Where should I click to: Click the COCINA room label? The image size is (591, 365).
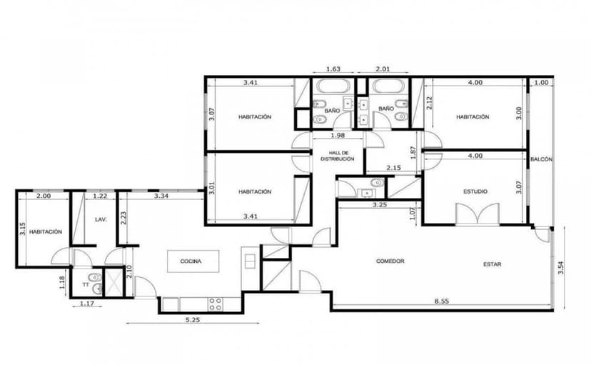tap(191, 261)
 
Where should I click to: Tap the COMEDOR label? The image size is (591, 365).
tap(390, 261)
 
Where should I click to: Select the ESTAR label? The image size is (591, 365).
tap(492, 264)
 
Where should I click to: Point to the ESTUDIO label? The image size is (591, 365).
tap(475, 191)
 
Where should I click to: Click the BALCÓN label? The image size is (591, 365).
tap(541, 159)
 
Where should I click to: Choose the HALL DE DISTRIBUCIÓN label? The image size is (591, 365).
tap(338, 156)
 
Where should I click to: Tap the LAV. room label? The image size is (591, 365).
tap(101, 219)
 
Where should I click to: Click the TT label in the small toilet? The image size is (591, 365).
tap(86, 285)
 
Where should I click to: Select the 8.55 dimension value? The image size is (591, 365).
tap(441, 301)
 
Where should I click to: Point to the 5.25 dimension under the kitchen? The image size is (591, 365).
tap(193, 320)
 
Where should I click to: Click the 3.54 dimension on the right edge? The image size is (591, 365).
tap(561, 268)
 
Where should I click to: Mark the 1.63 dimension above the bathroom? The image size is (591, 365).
tap(333, 69)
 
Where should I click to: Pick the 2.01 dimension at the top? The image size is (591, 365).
tap(383, 69)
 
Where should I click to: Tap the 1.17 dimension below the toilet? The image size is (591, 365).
tap(86, 303)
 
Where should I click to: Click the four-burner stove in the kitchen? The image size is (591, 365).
tap(216, 304)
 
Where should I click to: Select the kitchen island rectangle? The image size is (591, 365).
tap(193, 261)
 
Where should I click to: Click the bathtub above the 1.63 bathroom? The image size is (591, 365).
tap(333, 86)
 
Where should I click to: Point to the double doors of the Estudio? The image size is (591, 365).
tap(478, 214)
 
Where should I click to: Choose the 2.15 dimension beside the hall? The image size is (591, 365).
tap(393, 168)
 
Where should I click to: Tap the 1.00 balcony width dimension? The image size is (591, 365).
tap(542, 83)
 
